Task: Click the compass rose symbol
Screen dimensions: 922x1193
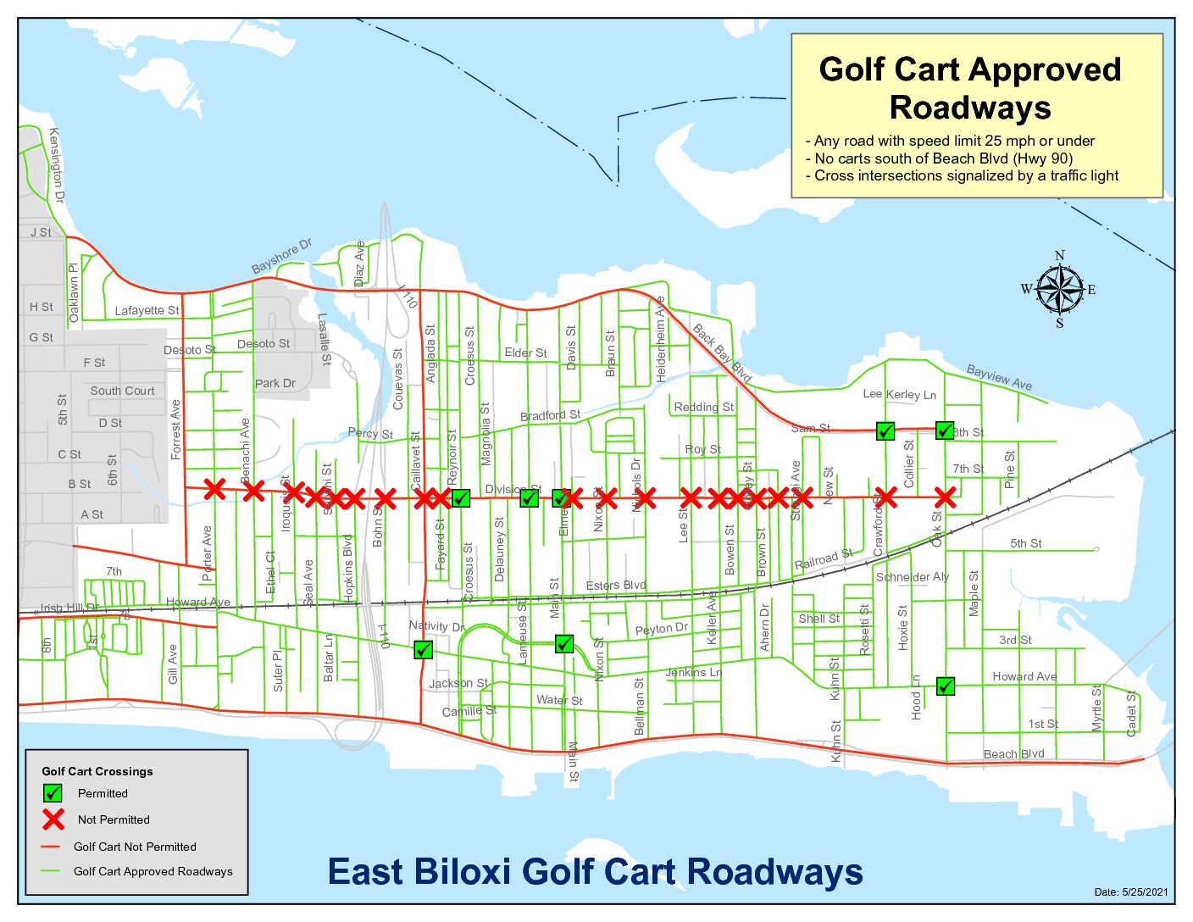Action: (1059, 290)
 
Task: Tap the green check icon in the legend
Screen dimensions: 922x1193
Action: (53, 793)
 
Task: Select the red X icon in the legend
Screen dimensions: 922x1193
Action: (53, 819)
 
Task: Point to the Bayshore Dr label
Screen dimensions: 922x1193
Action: (281, 256)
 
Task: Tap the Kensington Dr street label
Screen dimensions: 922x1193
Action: (56, 165)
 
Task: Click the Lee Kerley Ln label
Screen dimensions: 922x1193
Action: (899, 394)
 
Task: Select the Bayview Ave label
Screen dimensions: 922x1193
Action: (1000, 377)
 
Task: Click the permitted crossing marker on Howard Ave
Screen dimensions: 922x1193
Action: (946, 686)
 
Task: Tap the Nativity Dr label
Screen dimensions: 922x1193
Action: (436, 626)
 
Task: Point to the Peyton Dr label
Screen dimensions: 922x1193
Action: (662, 629)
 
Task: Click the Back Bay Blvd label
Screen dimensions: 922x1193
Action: (723, 353)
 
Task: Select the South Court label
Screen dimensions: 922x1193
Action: (122, 391)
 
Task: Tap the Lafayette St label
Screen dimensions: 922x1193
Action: (147, 310)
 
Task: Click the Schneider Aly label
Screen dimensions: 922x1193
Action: (913, 577)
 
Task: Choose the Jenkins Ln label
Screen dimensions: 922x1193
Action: (693, 672)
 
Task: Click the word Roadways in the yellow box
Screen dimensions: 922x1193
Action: (970, 108)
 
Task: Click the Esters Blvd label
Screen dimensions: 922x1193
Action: (616, 586)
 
